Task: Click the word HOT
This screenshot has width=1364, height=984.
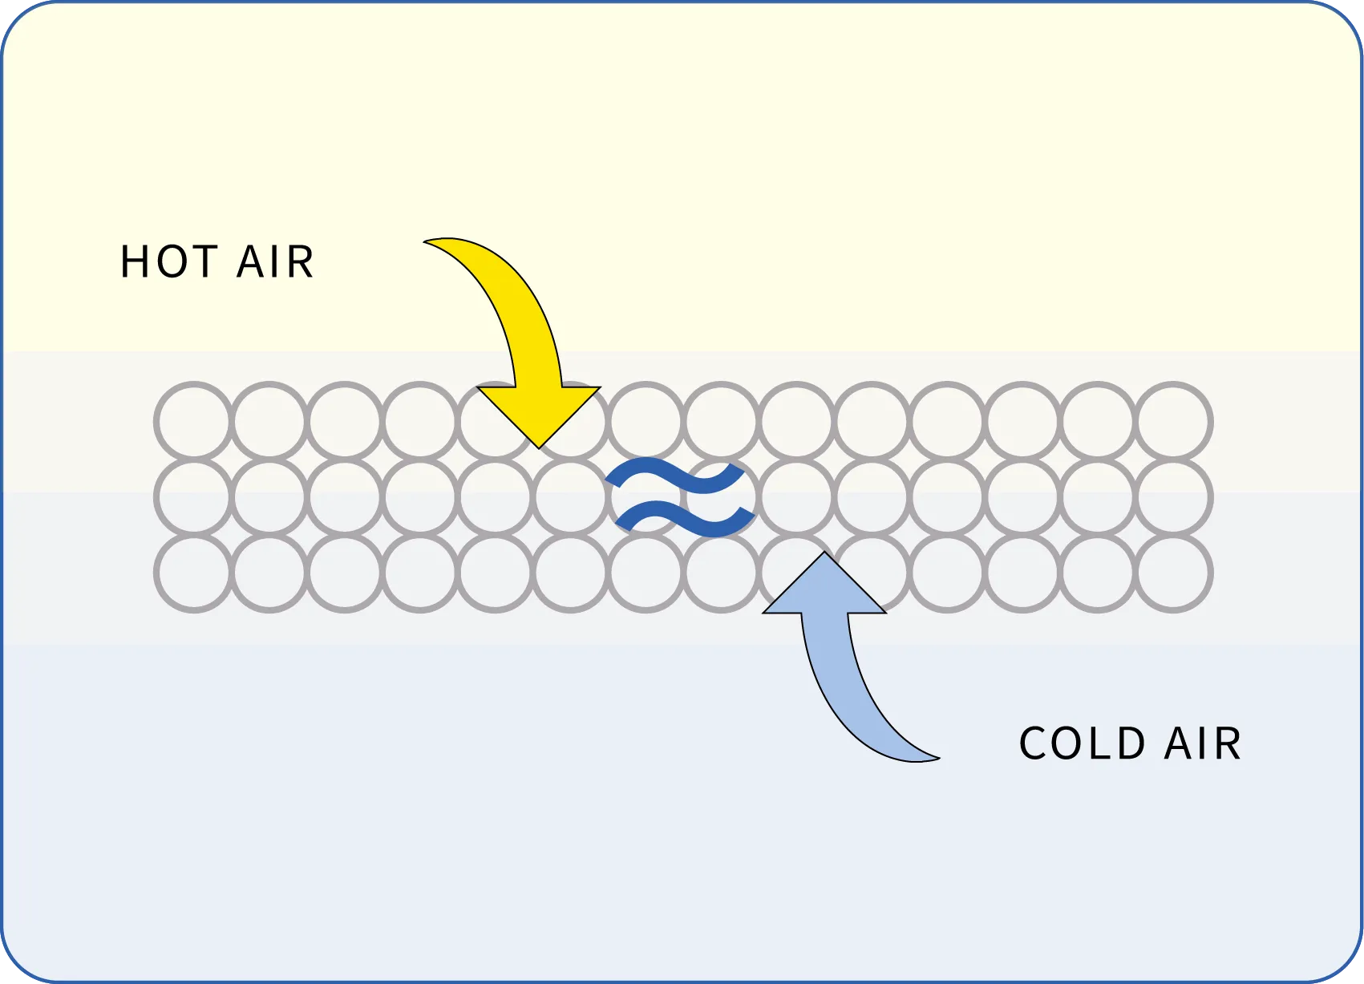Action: [x=169, y=262]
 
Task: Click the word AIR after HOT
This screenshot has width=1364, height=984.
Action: [x=275, y=262]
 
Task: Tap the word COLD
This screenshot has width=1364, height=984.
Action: [x=1082, y=743]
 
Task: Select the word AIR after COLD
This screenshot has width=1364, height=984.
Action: [x=1202, y=743]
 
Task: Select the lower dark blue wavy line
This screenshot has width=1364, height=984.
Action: [x=685, y=519]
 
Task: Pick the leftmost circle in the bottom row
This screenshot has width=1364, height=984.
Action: [x=195, y=573]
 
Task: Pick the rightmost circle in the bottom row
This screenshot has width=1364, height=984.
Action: [x=1174, y=573]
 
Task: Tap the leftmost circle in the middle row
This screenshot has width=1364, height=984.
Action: [x=195, y=498]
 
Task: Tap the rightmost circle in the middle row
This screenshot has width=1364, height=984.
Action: [x=1174, y=498]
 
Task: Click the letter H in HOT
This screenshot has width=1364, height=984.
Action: [x=134, y=262]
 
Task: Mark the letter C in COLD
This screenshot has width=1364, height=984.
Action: [x=1034, y=743]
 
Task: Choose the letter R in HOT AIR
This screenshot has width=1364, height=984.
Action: [x=300, y=262]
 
